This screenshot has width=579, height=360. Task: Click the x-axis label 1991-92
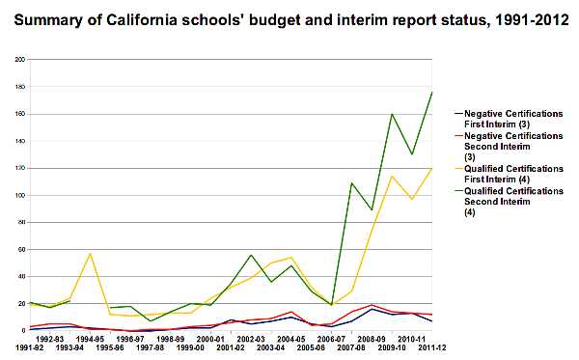click(x=17, y=348)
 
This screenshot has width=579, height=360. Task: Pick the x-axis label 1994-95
click(x=90, y=340)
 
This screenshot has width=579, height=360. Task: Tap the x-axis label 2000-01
click(x=210, y=340)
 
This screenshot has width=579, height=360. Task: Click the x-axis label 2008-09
click(x=372, y=340)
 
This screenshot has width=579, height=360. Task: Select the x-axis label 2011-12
click(x=431, y=348)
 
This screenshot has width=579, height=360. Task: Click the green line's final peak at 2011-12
click(x=431, y=92)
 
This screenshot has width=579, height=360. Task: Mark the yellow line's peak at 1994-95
click(x=90, y=254)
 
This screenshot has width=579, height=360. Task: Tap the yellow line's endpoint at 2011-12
click(x=431, y=168)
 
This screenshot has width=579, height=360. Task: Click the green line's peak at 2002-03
click(x=251, y=255)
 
